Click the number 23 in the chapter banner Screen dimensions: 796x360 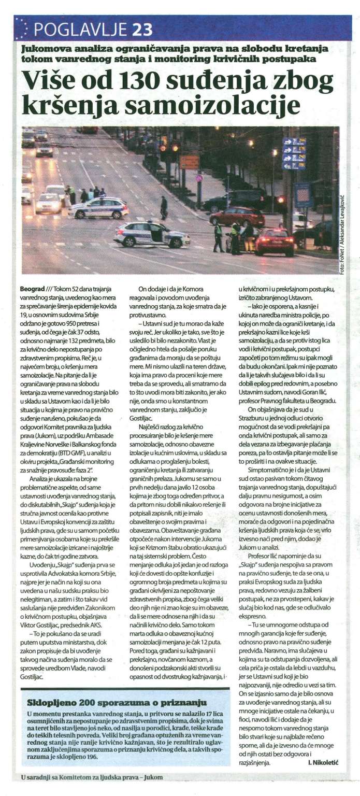pyautogui.click(x=142, y=30)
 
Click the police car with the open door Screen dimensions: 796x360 pyautogui.click(x=151, y=234)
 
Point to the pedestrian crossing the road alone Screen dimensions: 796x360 pyautogui.click(x=164, y=207)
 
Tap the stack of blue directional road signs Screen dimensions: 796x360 pyautogui.click(x=294, y=154)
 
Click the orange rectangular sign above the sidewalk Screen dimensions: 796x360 pyautogui.click(x=190, y=162)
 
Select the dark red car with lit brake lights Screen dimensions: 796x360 pyautogui.click(x=274, y=241)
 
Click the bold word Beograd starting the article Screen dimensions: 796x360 pyautogui.click(x=33, y=288)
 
